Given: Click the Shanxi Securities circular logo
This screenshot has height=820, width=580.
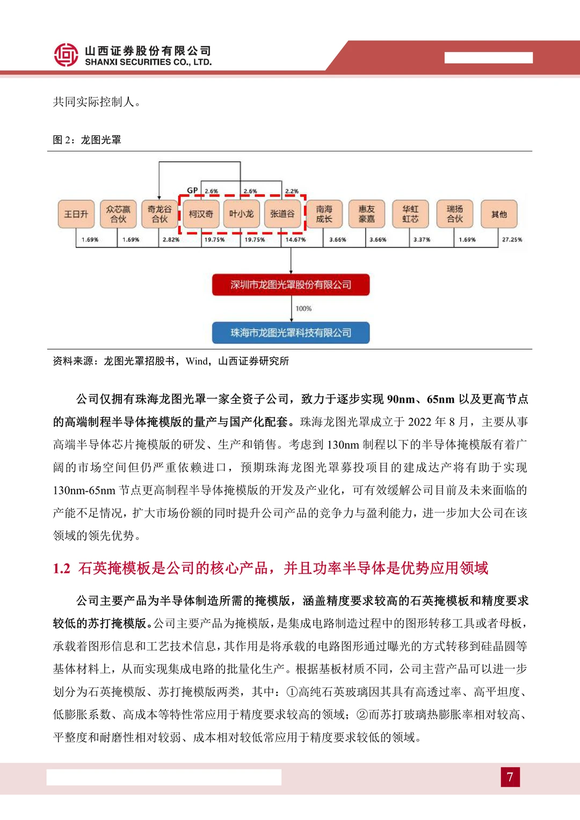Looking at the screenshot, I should (x=66, y=55).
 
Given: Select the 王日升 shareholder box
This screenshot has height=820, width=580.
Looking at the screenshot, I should (x=76, y=214).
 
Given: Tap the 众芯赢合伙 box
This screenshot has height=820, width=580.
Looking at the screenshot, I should (x=118, y=214).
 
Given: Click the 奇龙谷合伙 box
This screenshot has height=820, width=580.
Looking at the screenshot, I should (x=160, y=214).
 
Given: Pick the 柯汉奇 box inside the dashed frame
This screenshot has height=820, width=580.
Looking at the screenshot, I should (x=201, y=214).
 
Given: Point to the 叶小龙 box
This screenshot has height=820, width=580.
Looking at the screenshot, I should (x=242, y=214).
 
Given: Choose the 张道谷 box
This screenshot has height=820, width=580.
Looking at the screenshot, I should (x=282, y=214).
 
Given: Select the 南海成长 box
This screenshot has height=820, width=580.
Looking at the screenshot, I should (x=324, y=214).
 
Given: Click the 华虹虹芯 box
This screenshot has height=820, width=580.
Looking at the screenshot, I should (x=410, y=214).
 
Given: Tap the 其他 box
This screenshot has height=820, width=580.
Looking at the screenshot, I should (x=499, y=214).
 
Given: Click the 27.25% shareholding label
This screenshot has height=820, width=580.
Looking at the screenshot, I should (x=512, y=240).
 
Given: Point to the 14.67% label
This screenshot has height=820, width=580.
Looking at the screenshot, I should (x=295, y=240).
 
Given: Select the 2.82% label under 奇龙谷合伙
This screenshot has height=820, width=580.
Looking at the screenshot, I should (x=171, y=240).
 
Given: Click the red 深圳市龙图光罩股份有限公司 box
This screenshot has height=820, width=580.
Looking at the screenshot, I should (x=291, y=285).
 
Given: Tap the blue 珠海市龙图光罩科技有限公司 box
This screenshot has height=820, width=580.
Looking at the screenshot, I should (x=291, y=333).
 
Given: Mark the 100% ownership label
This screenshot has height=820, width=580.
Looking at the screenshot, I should (x=303, y=309).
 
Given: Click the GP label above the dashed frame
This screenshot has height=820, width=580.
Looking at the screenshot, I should (x=192, y=191).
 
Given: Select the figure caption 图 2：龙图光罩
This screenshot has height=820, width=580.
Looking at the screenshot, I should (x=87, y=140).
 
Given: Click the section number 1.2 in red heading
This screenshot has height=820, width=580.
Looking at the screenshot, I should (x=62, y=569).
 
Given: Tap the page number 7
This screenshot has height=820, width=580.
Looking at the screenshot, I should (x=510, y=777).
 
